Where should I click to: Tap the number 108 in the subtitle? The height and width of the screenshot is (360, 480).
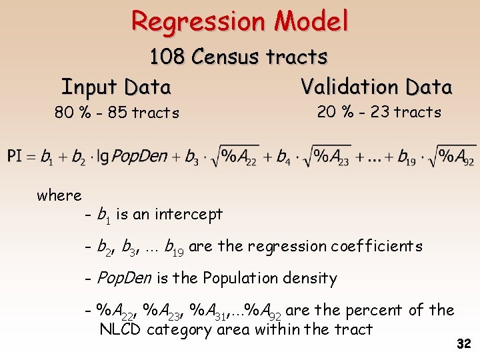[167, 57]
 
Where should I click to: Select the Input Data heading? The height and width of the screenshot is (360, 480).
[117, 87]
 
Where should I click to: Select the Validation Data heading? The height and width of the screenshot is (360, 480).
[376, 87]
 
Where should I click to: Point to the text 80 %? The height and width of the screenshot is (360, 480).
[73, 113]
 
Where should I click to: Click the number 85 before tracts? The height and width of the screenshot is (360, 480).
[117, 113]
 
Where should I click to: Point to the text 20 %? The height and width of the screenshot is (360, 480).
[335, 112]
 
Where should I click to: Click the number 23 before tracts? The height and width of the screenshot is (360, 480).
[379, 112]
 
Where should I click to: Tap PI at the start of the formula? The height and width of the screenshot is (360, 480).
[15, 157]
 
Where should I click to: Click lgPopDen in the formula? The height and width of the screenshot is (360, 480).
[134, 157]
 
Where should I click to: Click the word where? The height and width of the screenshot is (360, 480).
[59, 195]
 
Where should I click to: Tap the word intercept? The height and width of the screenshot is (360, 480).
[189, 214]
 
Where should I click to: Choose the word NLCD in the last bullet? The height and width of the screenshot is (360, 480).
[121, 329]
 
